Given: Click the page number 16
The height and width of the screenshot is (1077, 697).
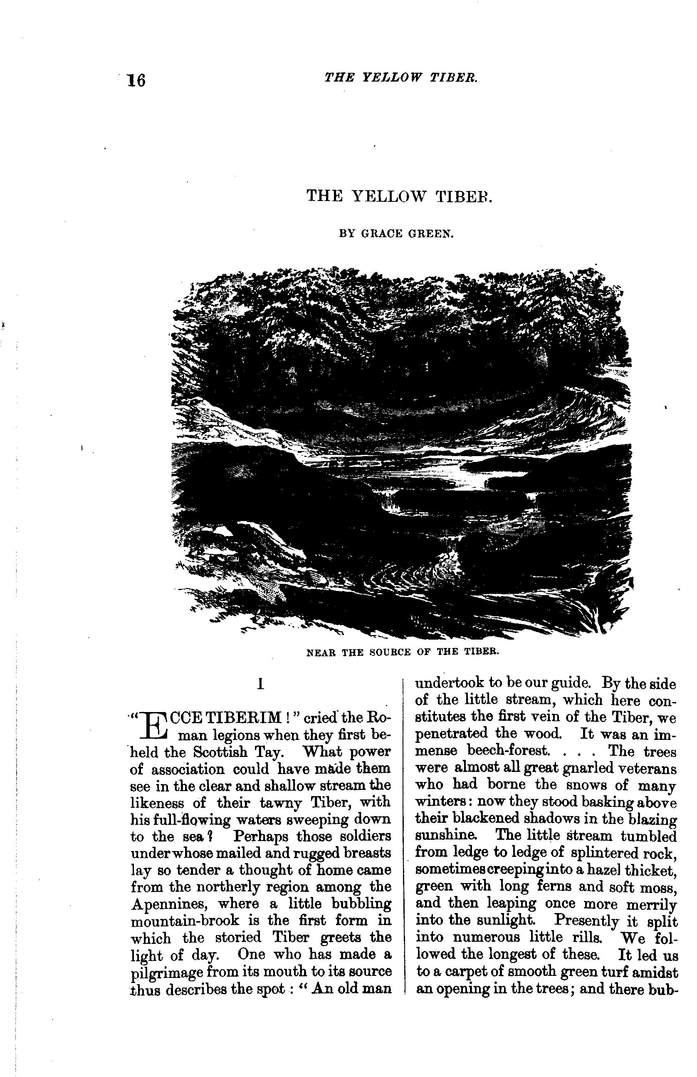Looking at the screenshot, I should [x=136, y=81].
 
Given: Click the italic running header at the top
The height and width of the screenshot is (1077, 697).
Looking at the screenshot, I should [x=400, y=78].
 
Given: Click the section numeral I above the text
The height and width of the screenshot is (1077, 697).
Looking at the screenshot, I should [x=260, y=684].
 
